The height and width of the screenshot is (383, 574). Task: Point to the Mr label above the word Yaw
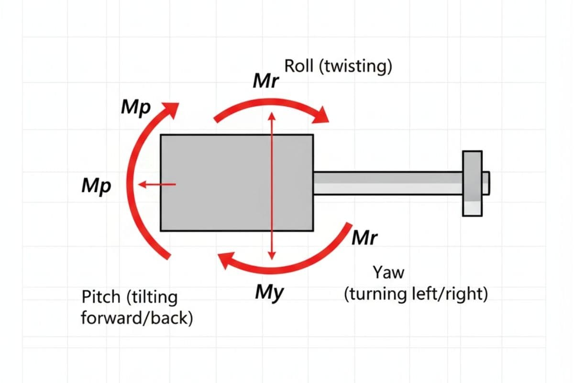365,237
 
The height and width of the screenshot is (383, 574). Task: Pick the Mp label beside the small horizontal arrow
96,186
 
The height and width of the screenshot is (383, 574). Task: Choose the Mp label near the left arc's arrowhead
136,108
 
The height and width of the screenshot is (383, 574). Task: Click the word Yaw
388,273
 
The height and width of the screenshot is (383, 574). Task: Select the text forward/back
137,317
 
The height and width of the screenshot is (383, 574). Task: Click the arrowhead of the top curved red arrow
321,115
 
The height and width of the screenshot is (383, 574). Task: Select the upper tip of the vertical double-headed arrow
272,115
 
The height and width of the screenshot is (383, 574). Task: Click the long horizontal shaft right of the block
387,183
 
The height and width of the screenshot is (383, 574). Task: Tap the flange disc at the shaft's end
472,183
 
